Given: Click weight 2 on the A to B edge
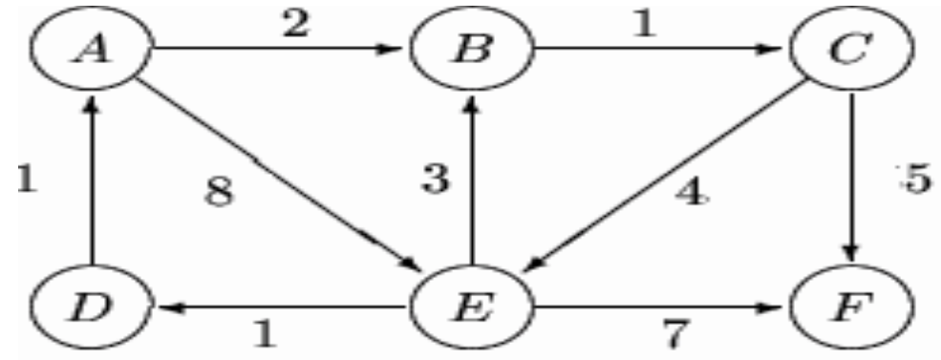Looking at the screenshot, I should point(294,26).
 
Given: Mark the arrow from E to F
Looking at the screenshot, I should point(659,308).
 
